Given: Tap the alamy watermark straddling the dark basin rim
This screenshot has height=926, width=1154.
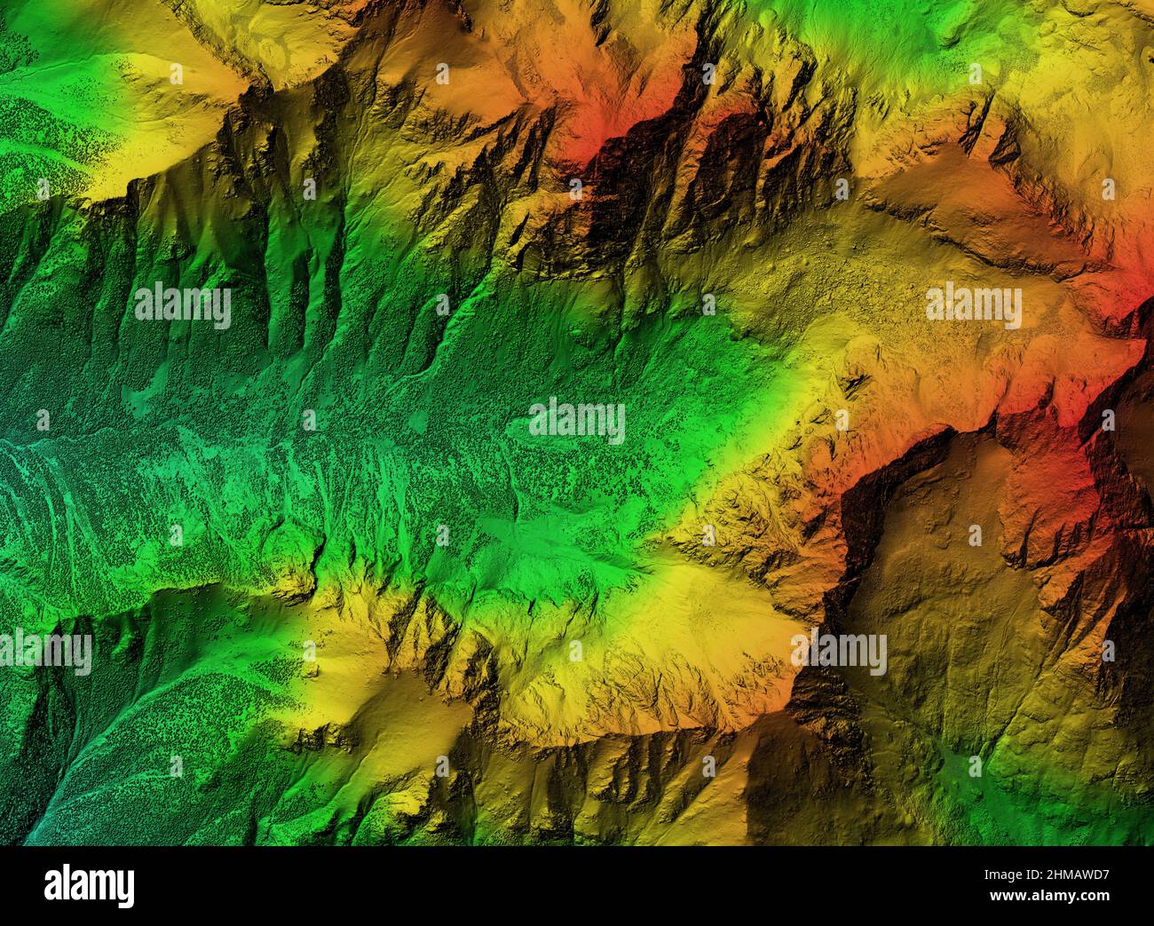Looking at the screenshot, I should (840, 653).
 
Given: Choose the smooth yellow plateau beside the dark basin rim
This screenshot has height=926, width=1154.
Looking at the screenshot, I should (710, 604).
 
